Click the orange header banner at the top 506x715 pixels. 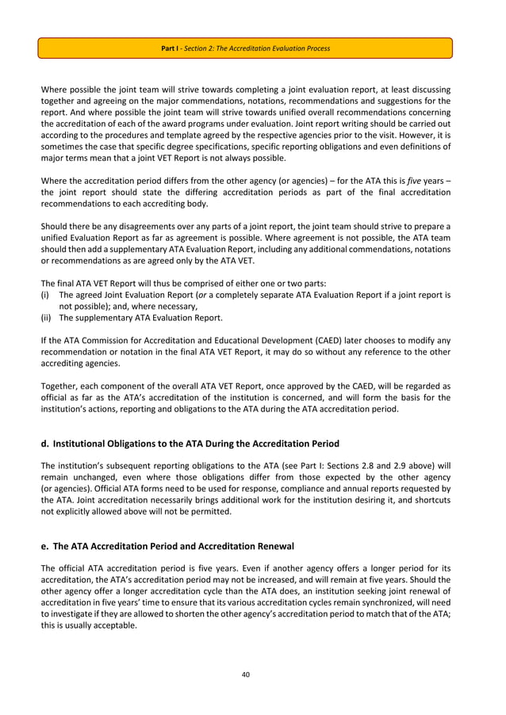pos(245,48)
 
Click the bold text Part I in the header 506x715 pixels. pos(168,48)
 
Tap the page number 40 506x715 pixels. pos(245,675)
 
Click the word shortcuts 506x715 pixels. pos(428,499)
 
